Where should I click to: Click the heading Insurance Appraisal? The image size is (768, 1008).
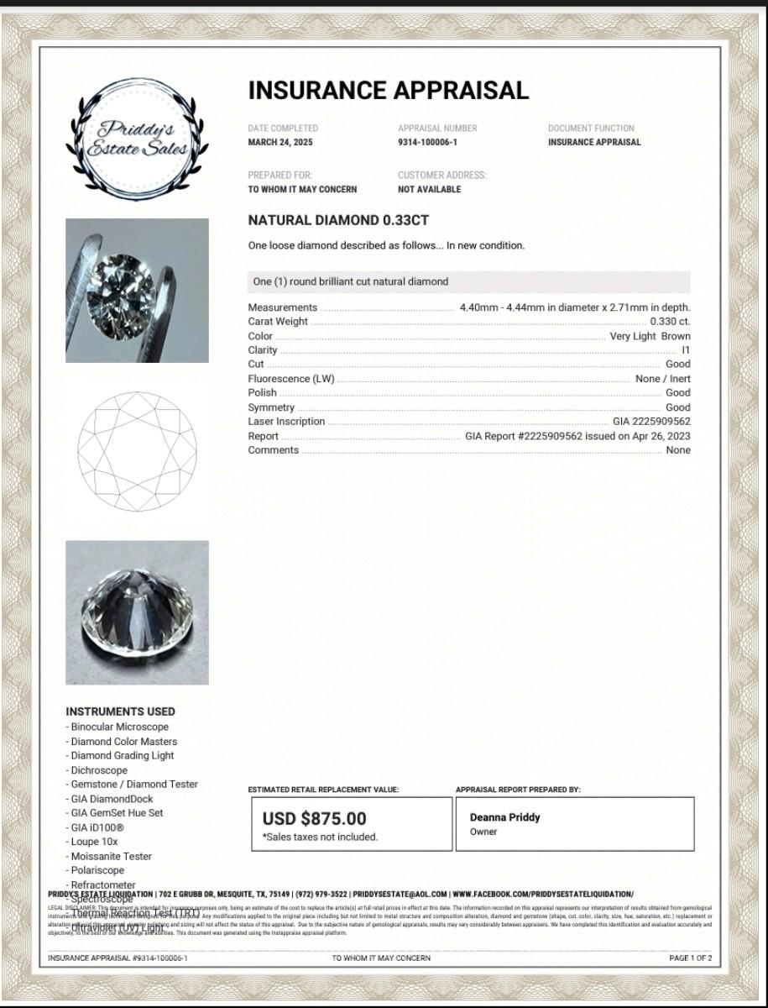[388, 91]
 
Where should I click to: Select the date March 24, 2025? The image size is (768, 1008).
[280, 142]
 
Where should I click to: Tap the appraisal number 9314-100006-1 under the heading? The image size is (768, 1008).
[427, 142]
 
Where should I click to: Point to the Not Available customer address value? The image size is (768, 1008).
[429, 190]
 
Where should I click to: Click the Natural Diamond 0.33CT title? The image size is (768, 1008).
[338, 220]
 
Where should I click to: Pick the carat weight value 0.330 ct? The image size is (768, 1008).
[670, 322]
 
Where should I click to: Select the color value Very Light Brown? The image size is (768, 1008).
[650, 336]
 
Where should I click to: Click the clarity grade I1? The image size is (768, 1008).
[686, 350]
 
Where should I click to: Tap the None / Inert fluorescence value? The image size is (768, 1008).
[662, 379]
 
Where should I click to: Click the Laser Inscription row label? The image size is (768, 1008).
[286, 422]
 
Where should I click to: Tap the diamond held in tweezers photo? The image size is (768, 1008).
[137, 291]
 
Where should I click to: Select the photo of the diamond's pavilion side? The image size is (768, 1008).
[137, 612]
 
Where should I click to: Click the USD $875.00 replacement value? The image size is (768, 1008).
[314, 818]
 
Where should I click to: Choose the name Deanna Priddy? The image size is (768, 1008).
[504, 817]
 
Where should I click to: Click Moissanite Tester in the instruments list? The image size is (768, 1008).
[112, 856]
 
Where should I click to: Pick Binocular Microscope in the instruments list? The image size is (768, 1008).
[119, 727]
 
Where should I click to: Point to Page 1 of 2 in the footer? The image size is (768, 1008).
[690, 958]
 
